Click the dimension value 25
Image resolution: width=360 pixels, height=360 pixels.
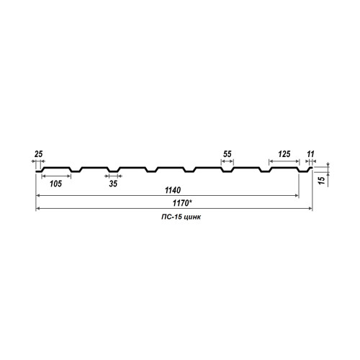[38, 154]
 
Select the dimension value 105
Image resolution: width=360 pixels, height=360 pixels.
[55, 184]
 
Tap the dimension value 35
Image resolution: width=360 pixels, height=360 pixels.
[113, 184]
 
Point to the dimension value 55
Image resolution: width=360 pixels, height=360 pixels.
[227, 154]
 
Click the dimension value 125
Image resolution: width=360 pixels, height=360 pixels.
[284, 154]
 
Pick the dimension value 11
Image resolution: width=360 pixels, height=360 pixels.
[310, 154]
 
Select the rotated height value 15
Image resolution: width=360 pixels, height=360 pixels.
[322, 180]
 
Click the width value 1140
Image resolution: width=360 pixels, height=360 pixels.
[173, 190]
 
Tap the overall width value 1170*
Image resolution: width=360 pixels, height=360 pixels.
[182, 203]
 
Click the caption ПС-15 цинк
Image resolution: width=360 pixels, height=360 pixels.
[181, 217]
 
